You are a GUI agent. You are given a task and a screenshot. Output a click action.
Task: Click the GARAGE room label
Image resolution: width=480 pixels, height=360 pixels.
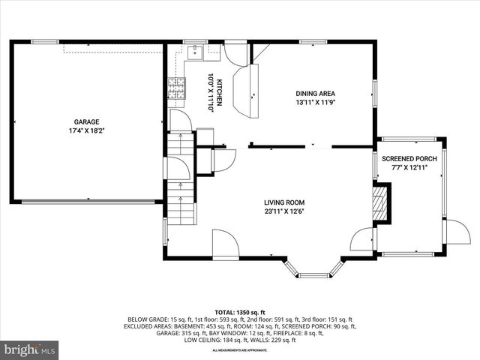click(86, 121)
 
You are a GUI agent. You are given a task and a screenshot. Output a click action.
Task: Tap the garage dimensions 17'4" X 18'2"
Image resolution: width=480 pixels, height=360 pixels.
click(86, 130)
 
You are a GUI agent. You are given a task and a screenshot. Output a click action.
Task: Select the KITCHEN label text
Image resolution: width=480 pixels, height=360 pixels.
click(220, 93)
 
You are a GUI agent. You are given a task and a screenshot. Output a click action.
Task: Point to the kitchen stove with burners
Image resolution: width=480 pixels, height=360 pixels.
click(175, 89)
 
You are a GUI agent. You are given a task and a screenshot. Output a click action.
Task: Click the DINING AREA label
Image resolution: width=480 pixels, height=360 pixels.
click(315, 94)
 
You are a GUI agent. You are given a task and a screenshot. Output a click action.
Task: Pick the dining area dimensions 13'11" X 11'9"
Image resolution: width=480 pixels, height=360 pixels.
click(315, 102)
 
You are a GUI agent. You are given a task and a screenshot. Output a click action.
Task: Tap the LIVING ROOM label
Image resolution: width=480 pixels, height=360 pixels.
click(283, 202)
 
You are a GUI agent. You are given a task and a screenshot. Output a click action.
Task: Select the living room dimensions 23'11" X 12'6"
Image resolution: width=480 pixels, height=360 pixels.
click(283, 211)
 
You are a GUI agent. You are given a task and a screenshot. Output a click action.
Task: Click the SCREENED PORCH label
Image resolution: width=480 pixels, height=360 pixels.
click(409, 159)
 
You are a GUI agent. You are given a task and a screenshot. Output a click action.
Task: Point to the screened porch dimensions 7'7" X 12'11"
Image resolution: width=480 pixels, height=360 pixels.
click(409, 168)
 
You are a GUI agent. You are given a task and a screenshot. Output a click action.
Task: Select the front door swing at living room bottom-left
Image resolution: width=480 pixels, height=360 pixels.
click(226, 244)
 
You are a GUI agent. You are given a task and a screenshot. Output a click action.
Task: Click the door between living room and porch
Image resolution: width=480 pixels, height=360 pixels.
click(363, 240)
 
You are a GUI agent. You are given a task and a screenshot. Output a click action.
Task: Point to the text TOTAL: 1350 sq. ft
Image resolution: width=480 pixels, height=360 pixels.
click(240, 312)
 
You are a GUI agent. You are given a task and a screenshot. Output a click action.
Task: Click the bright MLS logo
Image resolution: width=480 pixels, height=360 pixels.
click(30, 349)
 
